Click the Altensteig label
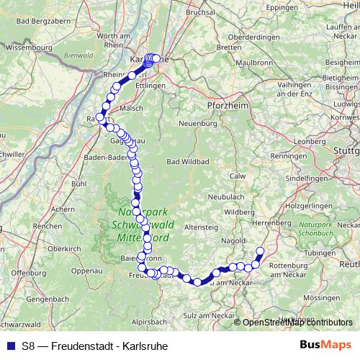200,227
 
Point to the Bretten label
229,48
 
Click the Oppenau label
88,271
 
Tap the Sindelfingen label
307,177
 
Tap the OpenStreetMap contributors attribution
297,322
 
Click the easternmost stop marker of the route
261,251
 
